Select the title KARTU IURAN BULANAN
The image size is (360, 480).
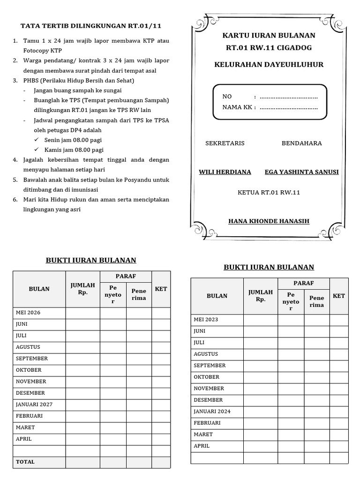point(269,36)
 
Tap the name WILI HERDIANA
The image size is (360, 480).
point(225,172)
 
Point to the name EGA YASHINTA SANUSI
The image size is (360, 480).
point(301,172)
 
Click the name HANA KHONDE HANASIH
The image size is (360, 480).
point(269,221)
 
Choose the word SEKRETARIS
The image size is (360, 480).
point(225,143)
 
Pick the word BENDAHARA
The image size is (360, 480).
point(301,143)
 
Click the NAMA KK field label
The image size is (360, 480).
point(239,107)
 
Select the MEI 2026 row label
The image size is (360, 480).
point(28,313)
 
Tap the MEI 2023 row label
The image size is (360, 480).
point(206,320)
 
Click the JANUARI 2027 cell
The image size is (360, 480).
point(34,405)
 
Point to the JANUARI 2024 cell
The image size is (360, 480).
point(212,412)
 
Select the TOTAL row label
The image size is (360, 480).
point(25,462)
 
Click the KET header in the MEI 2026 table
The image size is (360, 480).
point(161,289)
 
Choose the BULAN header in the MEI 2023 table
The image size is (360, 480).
point(217,296)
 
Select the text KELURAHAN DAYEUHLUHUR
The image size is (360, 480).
point(269,65)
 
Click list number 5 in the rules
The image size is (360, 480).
point(15,180)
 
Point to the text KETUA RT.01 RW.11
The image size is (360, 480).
point(269,193)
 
